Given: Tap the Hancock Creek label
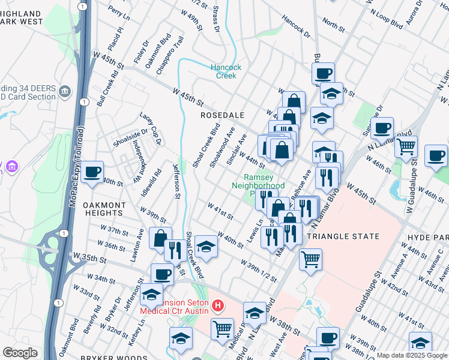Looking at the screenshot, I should pyautogui.click(x=226, y=71).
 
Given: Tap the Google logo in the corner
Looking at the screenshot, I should pyautogui.click(x=20, y=353).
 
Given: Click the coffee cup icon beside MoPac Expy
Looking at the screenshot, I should pyautogui.click(x=92, y=172).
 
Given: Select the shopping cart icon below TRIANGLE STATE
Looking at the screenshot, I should pyautogui.click(x=310, y=259).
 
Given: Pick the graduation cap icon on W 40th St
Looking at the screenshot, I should pyautogui.click(x=206, y=246).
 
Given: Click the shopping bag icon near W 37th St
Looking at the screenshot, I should pyautogui.click(x=160, y=238).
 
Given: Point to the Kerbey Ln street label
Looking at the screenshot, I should pyautogui.click(x=142, y=330).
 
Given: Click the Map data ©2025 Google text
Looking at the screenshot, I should pyautogui.click(x=411, y=355).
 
